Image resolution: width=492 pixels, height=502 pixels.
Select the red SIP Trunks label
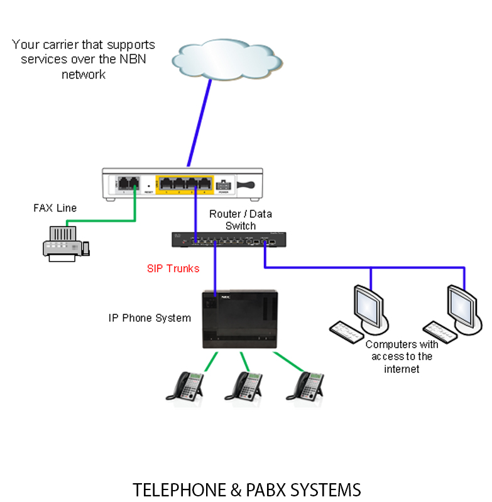[173, 269]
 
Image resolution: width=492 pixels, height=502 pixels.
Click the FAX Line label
[55, 208]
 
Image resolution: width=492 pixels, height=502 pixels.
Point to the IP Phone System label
[150, 318]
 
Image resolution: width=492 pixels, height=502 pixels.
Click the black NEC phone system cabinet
[239, 318]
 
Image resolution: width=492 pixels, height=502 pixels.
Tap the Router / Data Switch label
[241, 220]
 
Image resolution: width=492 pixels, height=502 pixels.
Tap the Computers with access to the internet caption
[402, 356]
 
